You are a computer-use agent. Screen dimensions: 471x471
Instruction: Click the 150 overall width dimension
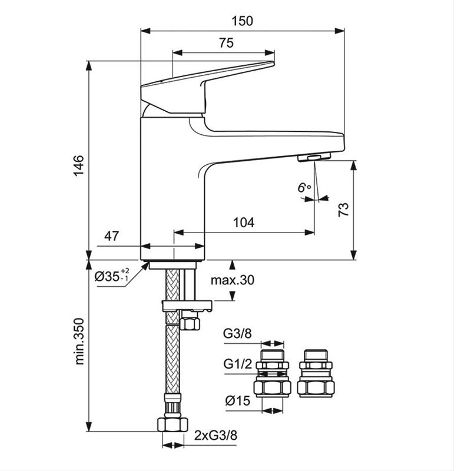pos(241,21)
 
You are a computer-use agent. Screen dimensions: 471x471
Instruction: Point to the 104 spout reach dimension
pos(243,223)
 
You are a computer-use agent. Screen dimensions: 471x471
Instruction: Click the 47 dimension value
pos(112,236)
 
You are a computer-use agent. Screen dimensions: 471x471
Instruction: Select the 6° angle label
pos(304,188)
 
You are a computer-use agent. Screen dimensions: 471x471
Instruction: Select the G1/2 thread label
pos(237,364)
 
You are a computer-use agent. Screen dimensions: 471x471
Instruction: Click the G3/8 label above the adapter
pos(237,333)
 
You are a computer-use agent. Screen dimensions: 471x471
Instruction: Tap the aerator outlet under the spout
pos(314,158)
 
